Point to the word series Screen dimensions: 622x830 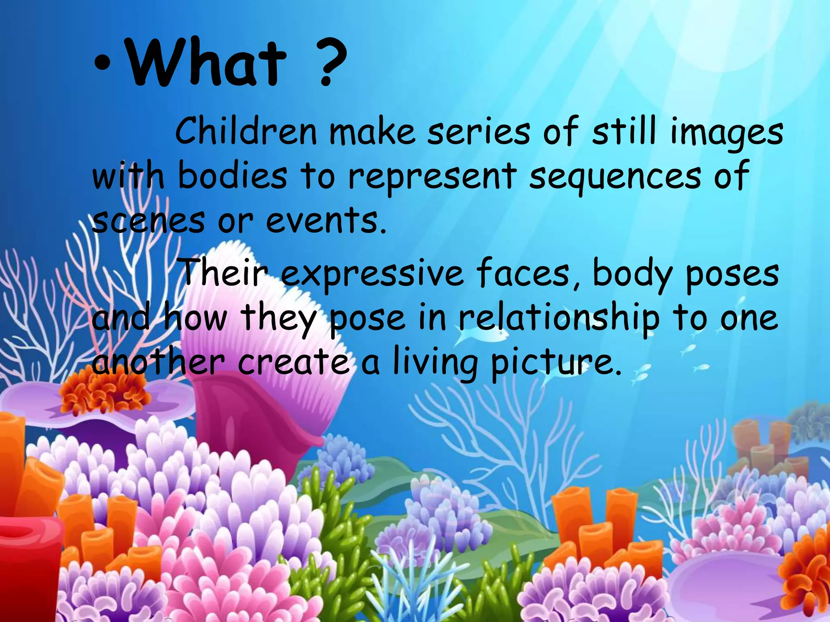tap(479, 132)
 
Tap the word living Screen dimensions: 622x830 tap(435, 362)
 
